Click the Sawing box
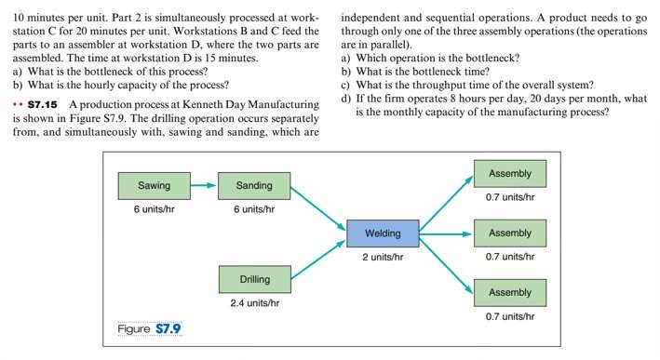click(x=154, y=185)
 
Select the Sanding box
click(x=253, y=185)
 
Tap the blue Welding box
click(x=383, y=233)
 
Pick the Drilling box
click(x=254, y=279)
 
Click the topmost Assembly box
click(x=509, y=174)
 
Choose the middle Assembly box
click(x=509, y=233)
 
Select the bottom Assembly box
click(x=509, y=292)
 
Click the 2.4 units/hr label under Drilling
click(x=254, y=302)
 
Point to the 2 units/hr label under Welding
click(x=383, y=257)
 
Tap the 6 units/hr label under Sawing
click(x=154, y=208)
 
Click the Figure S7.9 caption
click(x=149, y=328)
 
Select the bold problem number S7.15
click(x=44, y=103)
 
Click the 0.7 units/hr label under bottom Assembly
click(x=509, y=315)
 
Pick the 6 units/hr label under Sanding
click(x=253, y=208)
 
